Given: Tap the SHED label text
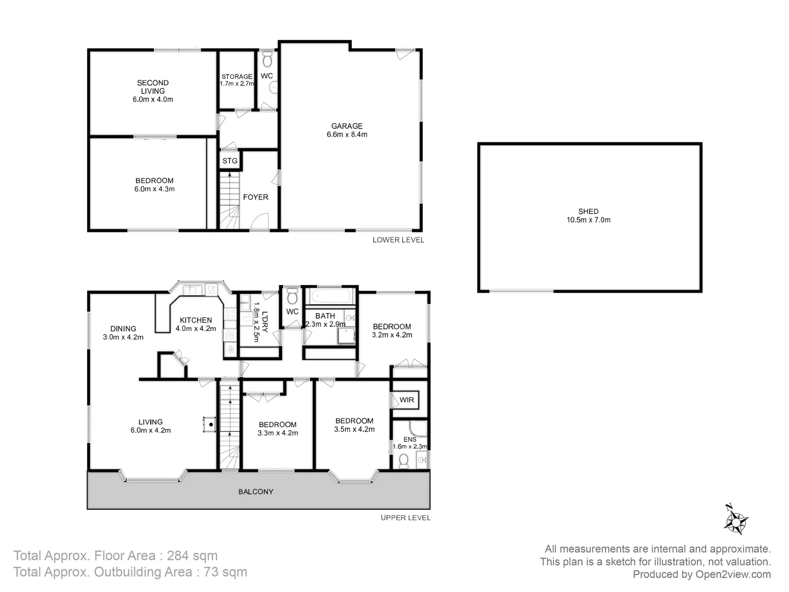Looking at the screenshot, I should click(x=588, y=215).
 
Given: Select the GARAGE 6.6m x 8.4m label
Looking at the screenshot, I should click(x=346, y=130).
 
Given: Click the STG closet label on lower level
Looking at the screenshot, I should click(x=230, y=161).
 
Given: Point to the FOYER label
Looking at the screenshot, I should click(x=255, y=197).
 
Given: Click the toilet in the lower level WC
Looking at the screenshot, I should click(x=267, y=59).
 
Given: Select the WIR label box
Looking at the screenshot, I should click(x=407, y=400).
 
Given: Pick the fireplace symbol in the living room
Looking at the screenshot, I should click(x=209, y=424).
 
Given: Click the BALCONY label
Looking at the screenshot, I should click(x=256, y=492).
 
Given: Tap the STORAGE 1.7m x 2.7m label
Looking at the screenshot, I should click(x=237, y=80).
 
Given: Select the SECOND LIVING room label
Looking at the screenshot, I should click(x=152, y=91).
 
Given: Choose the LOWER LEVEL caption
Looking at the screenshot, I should click(x=398, y=240).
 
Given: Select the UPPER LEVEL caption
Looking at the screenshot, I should click(x=405, y=517).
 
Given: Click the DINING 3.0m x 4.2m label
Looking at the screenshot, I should click(x=123, y=333).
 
